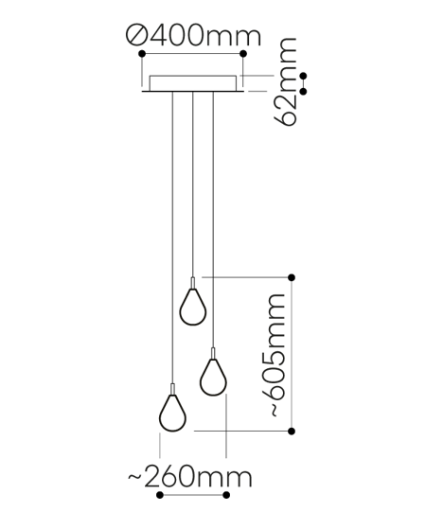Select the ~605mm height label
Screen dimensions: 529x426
[274, 355]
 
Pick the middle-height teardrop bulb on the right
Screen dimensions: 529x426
[212, 378]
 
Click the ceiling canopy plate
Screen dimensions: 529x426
[193, 84]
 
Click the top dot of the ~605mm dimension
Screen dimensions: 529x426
[292, 276]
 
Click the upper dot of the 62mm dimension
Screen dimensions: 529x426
[303, 76]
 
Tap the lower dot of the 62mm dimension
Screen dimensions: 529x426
[303, 90]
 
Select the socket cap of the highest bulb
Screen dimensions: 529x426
[193, 283]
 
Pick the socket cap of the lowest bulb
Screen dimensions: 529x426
[171, 388]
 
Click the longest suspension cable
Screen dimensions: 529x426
[171, 237]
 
